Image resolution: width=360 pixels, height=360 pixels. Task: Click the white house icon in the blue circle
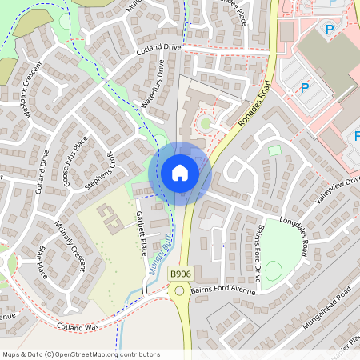tap(180, 173)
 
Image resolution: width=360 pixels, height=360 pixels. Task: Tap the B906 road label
tap(181, 274)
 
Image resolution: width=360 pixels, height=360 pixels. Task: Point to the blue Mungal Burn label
tap(166, 255)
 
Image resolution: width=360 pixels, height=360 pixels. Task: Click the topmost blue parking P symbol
tap(329, 29)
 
